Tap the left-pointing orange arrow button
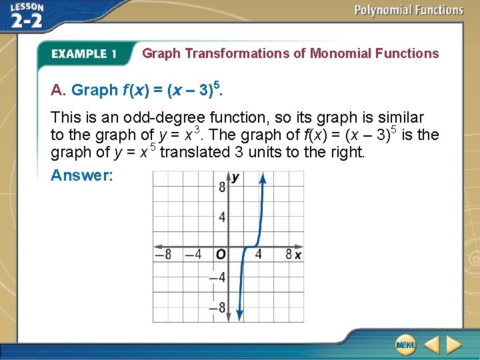click(x=431, y=345)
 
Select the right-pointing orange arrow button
click(x=454, y=345)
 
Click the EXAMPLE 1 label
click(x=84, y=53)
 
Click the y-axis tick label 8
click(x=221, y=187)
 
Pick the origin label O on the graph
click(x=219, y=254)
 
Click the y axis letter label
click(x=235, y=177)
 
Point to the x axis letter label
click(x=298, y=254)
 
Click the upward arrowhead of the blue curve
click(x=262, y=179)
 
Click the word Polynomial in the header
click(x=383, y=10)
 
